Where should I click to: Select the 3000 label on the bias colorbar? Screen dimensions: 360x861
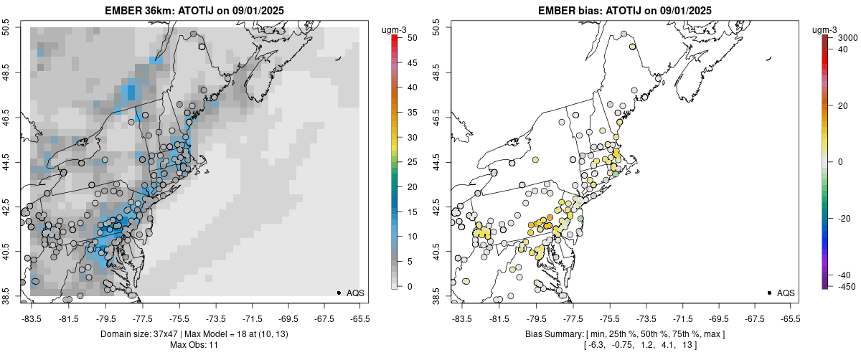(849, 37)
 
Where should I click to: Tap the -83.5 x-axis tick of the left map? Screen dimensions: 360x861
(31, 318)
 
